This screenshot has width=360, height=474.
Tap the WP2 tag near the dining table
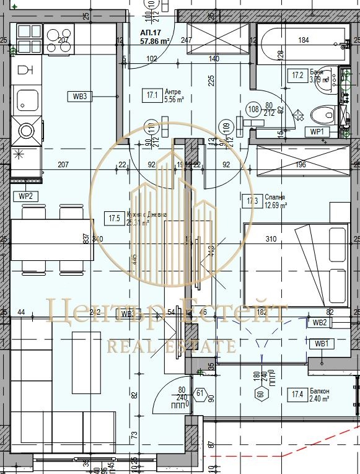pyautogui.click(x=25, y=196)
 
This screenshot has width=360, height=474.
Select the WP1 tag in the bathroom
pyautogui.click(x=317, y=131)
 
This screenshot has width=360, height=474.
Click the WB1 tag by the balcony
pyautogui.click(x=320, y=344)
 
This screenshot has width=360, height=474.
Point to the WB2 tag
pyautogui.click(x=319, y=322)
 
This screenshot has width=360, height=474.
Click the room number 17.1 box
pyautogui.click(x=152, y=95)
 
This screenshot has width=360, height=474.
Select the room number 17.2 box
pyautogui.click(x=298, y=76)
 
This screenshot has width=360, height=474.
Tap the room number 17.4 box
pyautogui.click(x=297, y=392)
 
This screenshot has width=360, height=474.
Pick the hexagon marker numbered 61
pyautogui.click(x=200, y=392)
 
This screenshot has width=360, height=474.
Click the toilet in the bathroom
pyautogui.click(x=323, y=115)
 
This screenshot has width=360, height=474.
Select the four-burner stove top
pyautogui.click(x=28, y=38)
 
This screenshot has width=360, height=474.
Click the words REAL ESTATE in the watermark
pyautogui.click(x=171, y=346)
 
